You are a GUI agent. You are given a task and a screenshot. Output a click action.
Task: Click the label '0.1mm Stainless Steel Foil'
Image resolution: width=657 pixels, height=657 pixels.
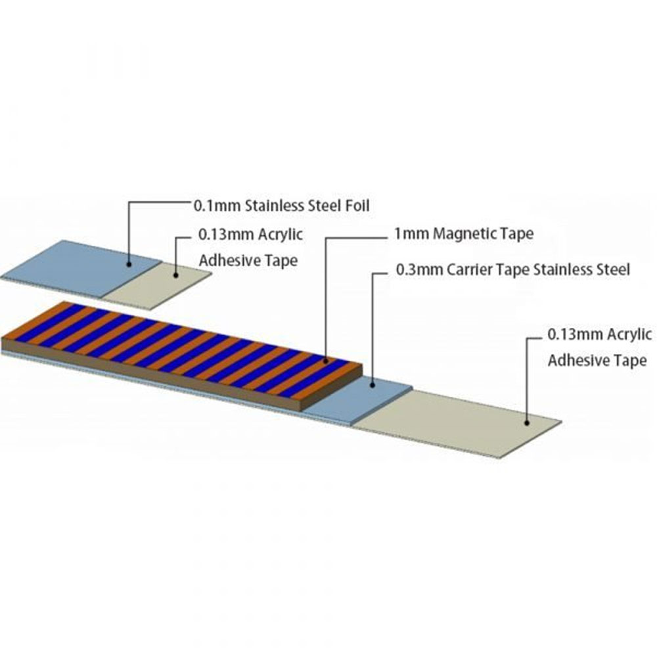(x=282, y=206)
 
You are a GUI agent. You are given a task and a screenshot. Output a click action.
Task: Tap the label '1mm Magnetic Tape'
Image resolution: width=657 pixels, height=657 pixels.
(x=464, y=233)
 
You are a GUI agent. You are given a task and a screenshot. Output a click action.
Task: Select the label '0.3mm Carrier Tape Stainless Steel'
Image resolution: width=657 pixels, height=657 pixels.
(x=513, y=269)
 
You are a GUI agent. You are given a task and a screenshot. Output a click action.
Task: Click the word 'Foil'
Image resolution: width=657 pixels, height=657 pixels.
(x=357, y=206)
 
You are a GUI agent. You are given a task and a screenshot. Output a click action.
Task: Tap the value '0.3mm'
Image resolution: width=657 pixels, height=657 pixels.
(x=419, y=269)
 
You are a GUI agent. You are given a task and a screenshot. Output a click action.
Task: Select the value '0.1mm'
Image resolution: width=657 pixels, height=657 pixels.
(x=217, y=206)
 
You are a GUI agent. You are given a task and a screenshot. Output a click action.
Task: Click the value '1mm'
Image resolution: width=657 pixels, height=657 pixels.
(x=411, y=233)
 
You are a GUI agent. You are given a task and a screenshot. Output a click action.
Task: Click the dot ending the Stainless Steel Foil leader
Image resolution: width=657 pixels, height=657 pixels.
(x=129, y=264)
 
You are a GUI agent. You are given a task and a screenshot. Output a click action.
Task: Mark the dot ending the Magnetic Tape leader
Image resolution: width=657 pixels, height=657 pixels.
(x=326, y=360)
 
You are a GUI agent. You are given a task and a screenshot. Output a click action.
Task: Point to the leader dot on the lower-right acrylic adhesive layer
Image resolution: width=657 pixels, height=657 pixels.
(x=527, y=422)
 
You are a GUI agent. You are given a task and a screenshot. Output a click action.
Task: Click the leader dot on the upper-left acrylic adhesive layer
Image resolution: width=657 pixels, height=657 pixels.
(x=176, y=275)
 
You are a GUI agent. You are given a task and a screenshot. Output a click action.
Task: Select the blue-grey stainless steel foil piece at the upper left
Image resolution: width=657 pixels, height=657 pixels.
(x=80, y=268)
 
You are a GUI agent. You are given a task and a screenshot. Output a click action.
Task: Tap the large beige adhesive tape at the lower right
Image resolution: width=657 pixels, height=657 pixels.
(x=457, y=423)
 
